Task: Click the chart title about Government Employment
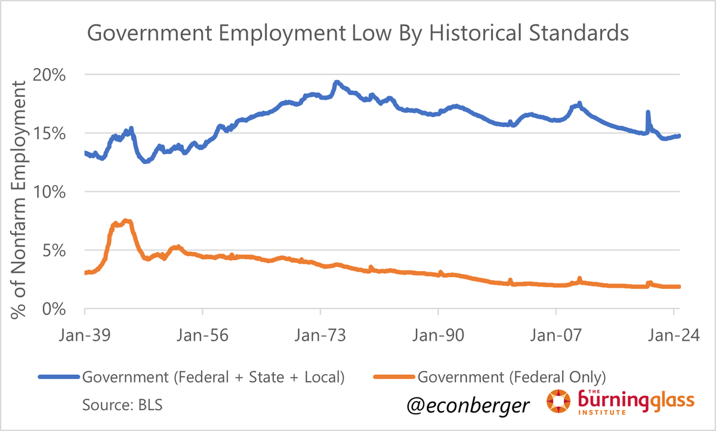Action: pos(358,33)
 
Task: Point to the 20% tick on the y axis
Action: pos(58,75)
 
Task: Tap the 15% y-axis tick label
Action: pos(58,134)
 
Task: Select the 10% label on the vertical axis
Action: pos(58,192)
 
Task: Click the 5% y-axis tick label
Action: pos(62,251)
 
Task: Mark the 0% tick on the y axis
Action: pos(62,309)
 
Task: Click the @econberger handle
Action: pos(467,406)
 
